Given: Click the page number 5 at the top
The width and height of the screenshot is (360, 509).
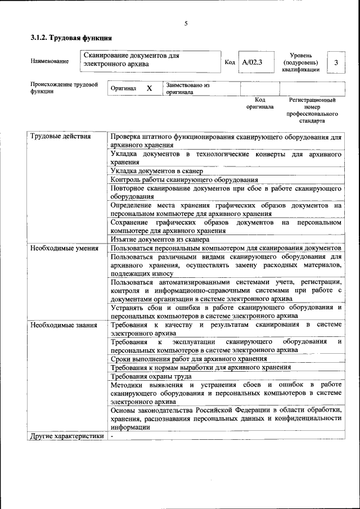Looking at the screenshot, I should pos(186,24).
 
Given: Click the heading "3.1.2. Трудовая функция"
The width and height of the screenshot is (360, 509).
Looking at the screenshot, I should pos(71,39).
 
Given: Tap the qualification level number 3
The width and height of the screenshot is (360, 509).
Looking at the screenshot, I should pos(336,62).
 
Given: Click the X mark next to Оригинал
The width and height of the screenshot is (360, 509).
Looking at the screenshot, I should pos(149,89).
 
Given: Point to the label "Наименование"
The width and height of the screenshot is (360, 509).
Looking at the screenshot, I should pos(50,61).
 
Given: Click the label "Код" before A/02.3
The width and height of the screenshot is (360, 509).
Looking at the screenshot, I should pos(229,62).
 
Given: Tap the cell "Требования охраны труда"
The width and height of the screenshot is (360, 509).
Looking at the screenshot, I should pos(151,376).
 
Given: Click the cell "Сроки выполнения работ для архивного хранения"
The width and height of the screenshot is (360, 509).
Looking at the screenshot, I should pos(188,358).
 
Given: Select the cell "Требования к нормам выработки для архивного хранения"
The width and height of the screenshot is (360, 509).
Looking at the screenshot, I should pos(201,367).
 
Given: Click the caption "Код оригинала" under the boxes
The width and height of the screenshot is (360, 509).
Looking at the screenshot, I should pos(260,103).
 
